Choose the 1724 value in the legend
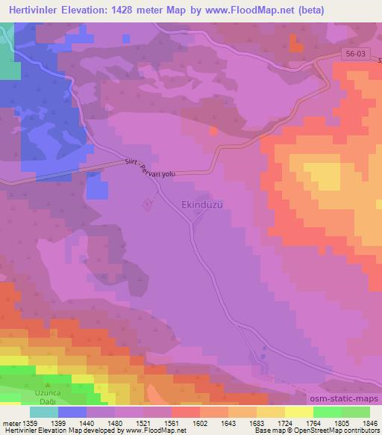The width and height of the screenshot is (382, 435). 272,424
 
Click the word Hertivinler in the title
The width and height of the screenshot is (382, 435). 37,8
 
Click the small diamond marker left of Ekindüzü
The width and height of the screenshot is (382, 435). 148,204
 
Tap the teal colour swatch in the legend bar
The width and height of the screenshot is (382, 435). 44,412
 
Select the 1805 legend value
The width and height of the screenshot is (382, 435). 331,424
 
